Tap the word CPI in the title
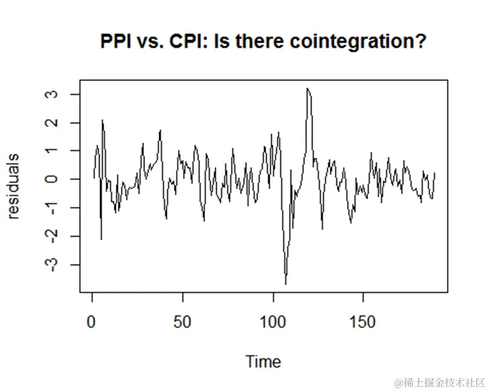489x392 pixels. click(x=190, y=42)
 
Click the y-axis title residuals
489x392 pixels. click(x=14, y=186)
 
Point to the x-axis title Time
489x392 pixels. click(x=263, y=361)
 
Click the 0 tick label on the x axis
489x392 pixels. click(x=92, y=321)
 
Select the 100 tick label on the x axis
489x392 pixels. click(x=272, y=321)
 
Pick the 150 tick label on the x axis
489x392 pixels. click(x=362, y=321)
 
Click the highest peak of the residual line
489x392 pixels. click(x=307, y=89)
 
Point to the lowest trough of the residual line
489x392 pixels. click(x=286, y=283)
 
